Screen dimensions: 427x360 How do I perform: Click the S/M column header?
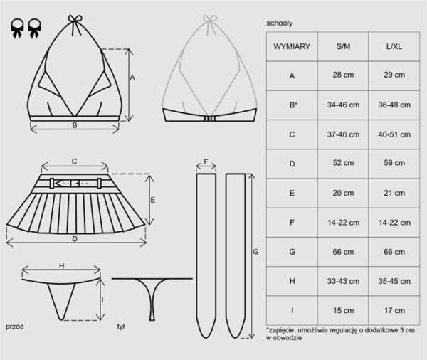pyautogui.click(x=343, y=46)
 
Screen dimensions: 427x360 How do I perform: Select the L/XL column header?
pyautogui.click(x=394, y=46)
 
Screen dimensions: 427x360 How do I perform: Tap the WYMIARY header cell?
pyautogui.click(x=292, y=46)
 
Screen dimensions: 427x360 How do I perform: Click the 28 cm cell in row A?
pyautogui.click(x=343, y=75)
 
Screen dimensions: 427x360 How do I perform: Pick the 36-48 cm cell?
pyautogui.click(x=394, y=105)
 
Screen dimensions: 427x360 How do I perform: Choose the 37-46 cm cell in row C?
pyautogui.click(x=343, y=134)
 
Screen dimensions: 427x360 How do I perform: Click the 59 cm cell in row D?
pyautogui.click(x=394, y=163)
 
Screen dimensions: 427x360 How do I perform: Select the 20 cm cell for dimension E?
pyautogui.click(x=343, y=193)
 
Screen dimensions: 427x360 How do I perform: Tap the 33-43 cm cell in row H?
pyautogui.click(x=343, y=281)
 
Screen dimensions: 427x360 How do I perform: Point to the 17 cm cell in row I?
pyautogui.click(x=394, y=310)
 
